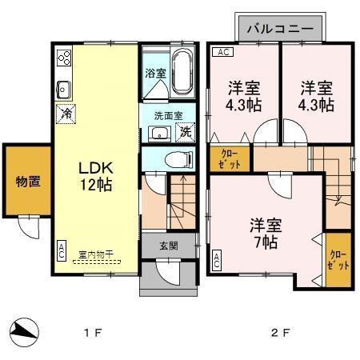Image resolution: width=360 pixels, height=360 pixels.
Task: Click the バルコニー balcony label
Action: point(279,29)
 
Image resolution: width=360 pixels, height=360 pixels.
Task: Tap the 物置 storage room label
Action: point(28,181)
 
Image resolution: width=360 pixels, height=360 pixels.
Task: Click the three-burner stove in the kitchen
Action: point(65,58)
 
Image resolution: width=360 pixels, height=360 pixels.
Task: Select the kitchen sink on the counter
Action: point(64,87)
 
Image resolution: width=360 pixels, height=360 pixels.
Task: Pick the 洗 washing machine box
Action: point(186,133)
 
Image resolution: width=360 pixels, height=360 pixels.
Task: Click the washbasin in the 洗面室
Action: point(159,134)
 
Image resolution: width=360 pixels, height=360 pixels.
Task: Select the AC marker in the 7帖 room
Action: point(216,258)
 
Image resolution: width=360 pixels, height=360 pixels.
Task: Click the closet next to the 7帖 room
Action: point(338,260)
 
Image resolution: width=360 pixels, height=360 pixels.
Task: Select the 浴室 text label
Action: point(154,73)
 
